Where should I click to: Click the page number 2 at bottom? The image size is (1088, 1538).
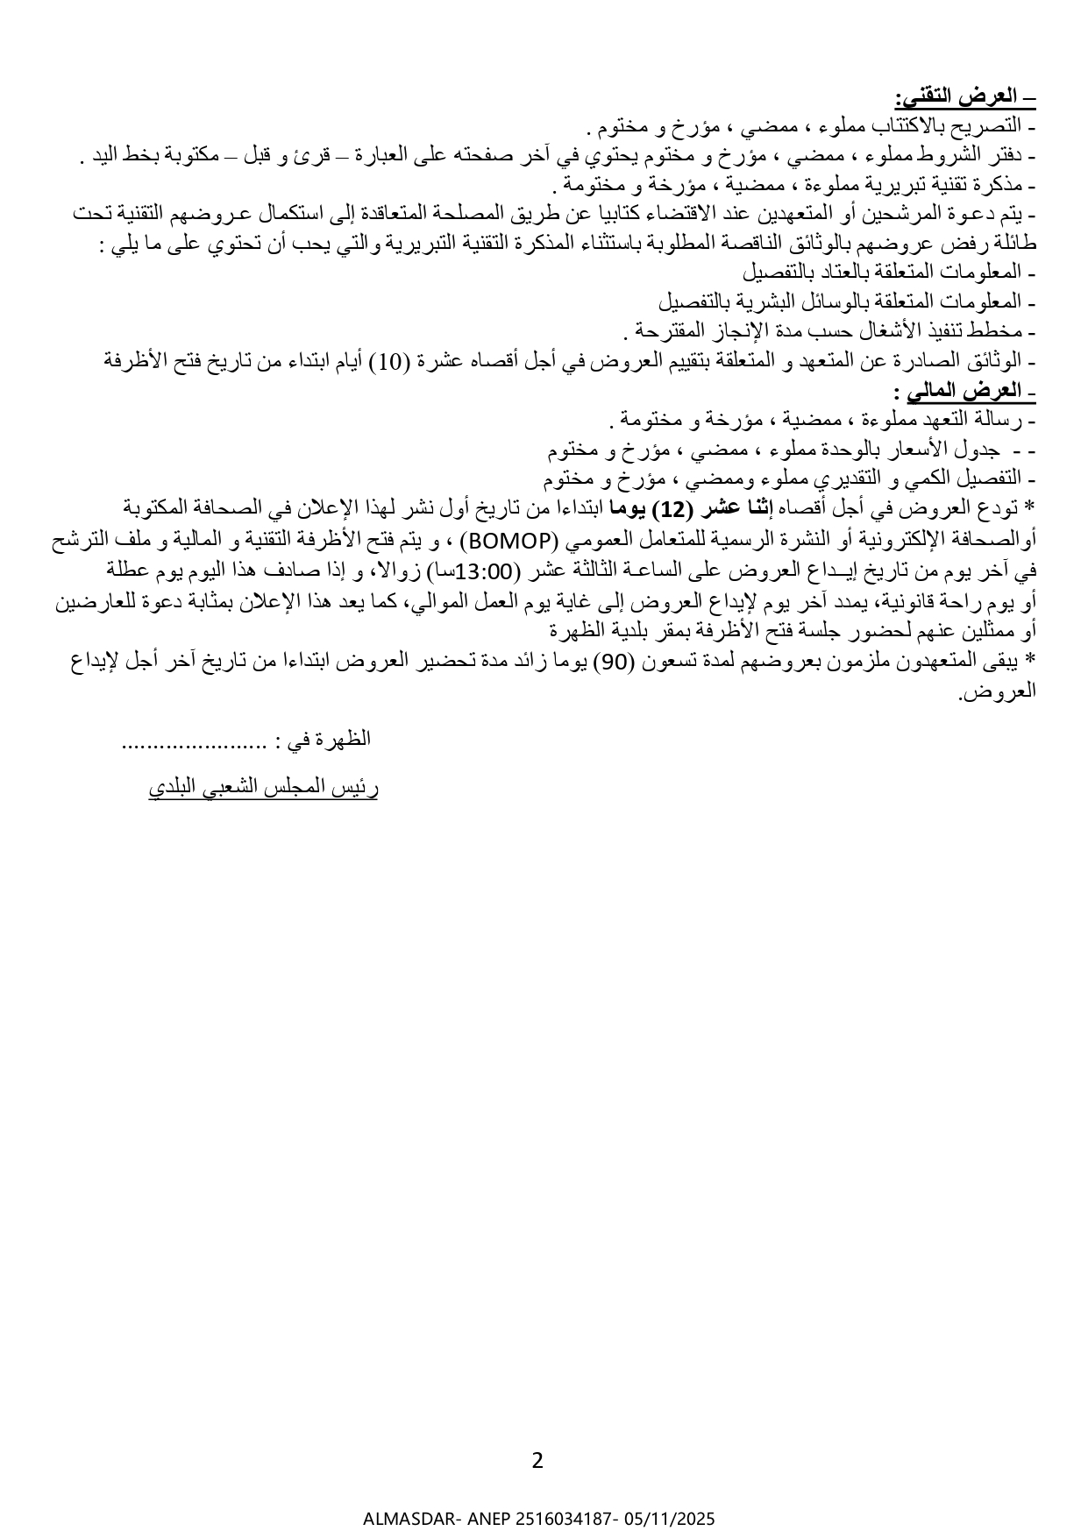[x=537, y=1460]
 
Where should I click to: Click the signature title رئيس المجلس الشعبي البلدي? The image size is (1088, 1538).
[x=263, y=788]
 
